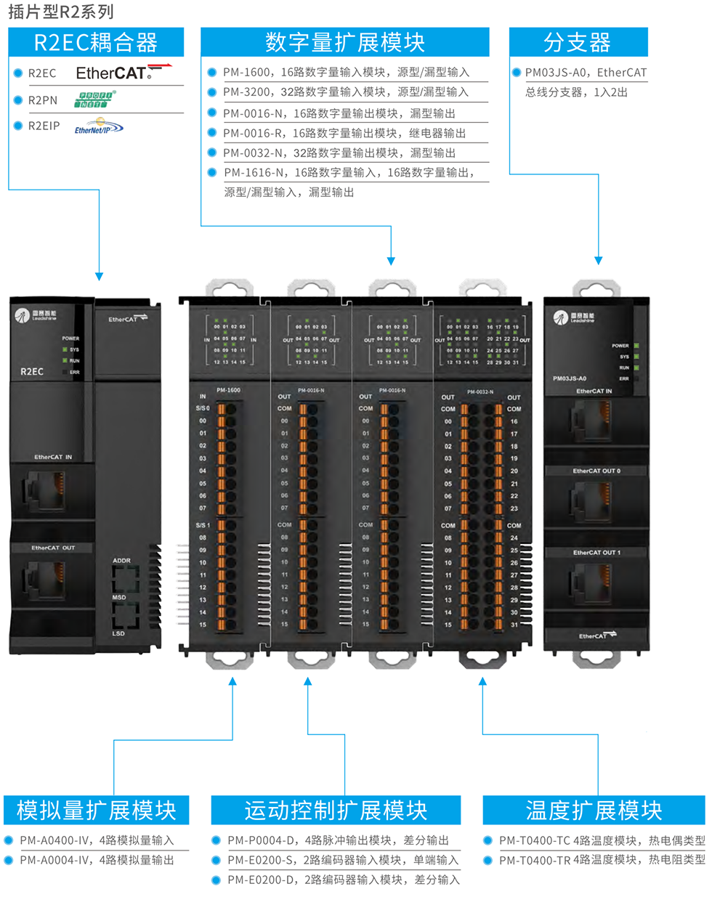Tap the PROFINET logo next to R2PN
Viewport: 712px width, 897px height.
[94, 100]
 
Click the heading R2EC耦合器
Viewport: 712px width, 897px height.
[96, 43]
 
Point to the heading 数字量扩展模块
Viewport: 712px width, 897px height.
[345, 43]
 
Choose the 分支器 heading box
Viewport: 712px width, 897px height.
[578, 43]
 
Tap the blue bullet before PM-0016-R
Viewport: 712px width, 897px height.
[212, 133]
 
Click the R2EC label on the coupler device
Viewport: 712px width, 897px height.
[32, 371]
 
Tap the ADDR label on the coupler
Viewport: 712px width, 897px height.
[122, 561]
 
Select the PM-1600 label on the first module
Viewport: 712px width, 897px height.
[228, 390]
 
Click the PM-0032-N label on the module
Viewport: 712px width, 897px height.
[480, 391]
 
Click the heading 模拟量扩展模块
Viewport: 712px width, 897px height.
[96, 810]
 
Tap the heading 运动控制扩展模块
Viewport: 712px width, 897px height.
[336, 810]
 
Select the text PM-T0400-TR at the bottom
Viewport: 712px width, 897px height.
[535, 860]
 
